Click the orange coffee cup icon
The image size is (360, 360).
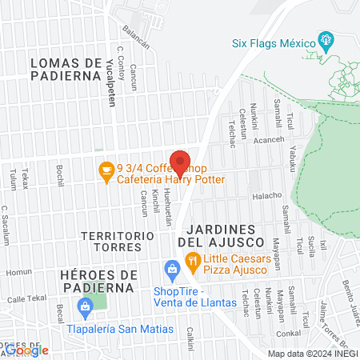(x=105, y=170)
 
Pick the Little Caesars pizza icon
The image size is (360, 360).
(x=192, y=261)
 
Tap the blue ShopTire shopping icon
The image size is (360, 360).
(x=171, y=268)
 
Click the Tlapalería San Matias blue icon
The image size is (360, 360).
(x=85, y=306)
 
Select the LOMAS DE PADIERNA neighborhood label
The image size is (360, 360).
(x=68, y=69)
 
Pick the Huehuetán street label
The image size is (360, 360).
(x=169, y=209)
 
